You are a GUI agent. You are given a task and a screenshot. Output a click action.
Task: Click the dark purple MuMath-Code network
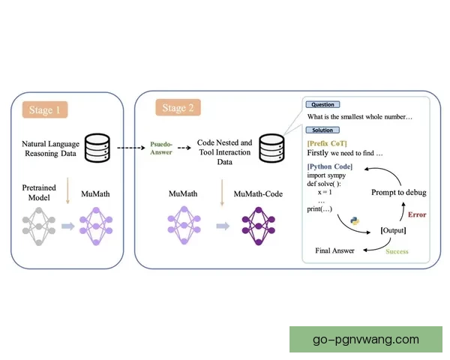[257, 224]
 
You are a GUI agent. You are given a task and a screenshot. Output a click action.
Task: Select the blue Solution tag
[322, 130]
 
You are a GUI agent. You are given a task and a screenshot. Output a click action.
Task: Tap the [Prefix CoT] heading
[326, 142]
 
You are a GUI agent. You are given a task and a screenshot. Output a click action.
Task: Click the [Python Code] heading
[328, 166]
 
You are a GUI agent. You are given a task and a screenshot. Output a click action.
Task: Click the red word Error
[418, 214]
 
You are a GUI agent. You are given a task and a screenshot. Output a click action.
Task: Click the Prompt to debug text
[399, 193]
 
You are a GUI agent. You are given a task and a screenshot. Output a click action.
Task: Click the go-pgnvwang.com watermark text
[366, 339]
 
